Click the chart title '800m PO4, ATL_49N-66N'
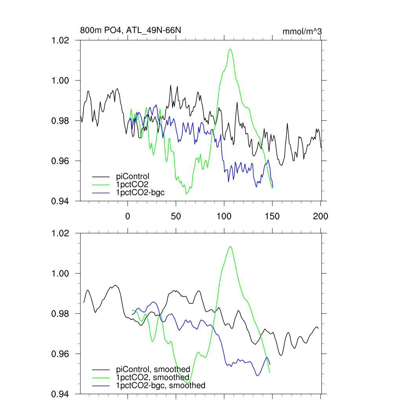(x=130, y=30)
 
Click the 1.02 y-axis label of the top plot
(x=61, y=40)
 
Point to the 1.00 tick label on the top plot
(x=61, y=80)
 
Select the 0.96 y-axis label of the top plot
(x=61, y=161)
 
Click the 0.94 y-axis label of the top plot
(x=61, y=201)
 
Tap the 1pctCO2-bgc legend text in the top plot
(x=139, y=192)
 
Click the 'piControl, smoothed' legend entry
(x=153, y=369)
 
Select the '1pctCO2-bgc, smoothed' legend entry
(x=161, y=386)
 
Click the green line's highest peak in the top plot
(x=230, y=49)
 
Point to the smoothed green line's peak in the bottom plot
(x=230, y=247)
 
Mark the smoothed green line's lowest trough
(x=188, y=382)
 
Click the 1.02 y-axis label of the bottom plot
(x=61, y=233)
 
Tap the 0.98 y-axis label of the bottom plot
(x=61, y=314)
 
